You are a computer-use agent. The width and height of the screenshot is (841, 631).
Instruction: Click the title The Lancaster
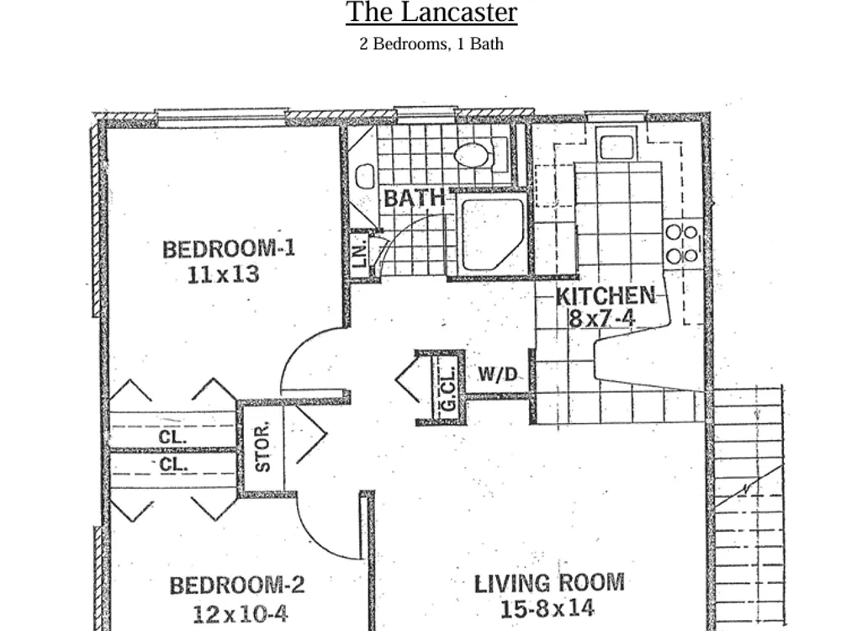coord(431,12)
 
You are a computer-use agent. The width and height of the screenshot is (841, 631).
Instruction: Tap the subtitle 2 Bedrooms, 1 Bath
coord(431,44)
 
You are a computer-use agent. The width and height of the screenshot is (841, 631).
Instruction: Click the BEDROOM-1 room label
coord(229,249)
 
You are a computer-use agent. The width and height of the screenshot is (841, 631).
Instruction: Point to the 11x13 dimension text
coord(223,275)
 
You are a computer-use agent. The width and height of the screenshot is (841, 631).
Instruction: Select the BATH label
coord(415,198)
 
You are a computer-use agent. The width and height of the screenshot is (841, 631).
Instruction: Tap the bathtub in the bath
coord(492,234)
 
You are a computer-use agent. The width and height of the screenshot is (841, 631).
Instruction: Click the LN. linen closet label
coord(361,252)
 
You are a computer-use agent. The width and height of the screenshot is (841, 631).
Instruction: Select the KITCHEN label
coord(606,295)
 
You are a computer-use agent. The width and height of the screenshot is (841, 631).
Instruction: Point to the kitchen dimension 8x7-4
coord(602,319)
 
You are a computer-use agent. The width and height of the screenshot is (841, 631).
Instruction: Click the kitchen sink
coord(616,146)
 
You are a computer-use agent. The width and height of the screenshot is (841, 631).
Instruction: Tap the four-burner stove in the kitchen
coord(682,244)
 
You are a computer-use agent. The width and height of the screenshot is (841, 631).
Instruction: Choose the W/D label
coord(498,374)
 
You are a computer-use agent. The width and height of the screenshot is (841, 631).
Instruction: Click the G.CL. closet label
coord(448,388)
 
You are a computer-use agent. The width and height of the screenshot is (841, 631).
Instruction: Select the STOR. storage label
coord(262,448)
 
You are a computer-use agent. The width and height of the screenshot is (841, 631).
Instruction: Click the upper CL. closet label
coord(172,437)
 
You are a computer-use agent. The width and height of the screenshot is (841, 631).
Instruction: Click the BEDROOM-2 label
coord(238,585)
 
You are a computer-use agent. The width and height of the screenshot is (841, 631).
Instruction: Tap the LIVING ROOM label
coord(549,584)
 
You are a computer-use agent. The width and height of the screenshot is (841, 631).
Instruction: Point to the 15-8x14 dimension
coord(547,609)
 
